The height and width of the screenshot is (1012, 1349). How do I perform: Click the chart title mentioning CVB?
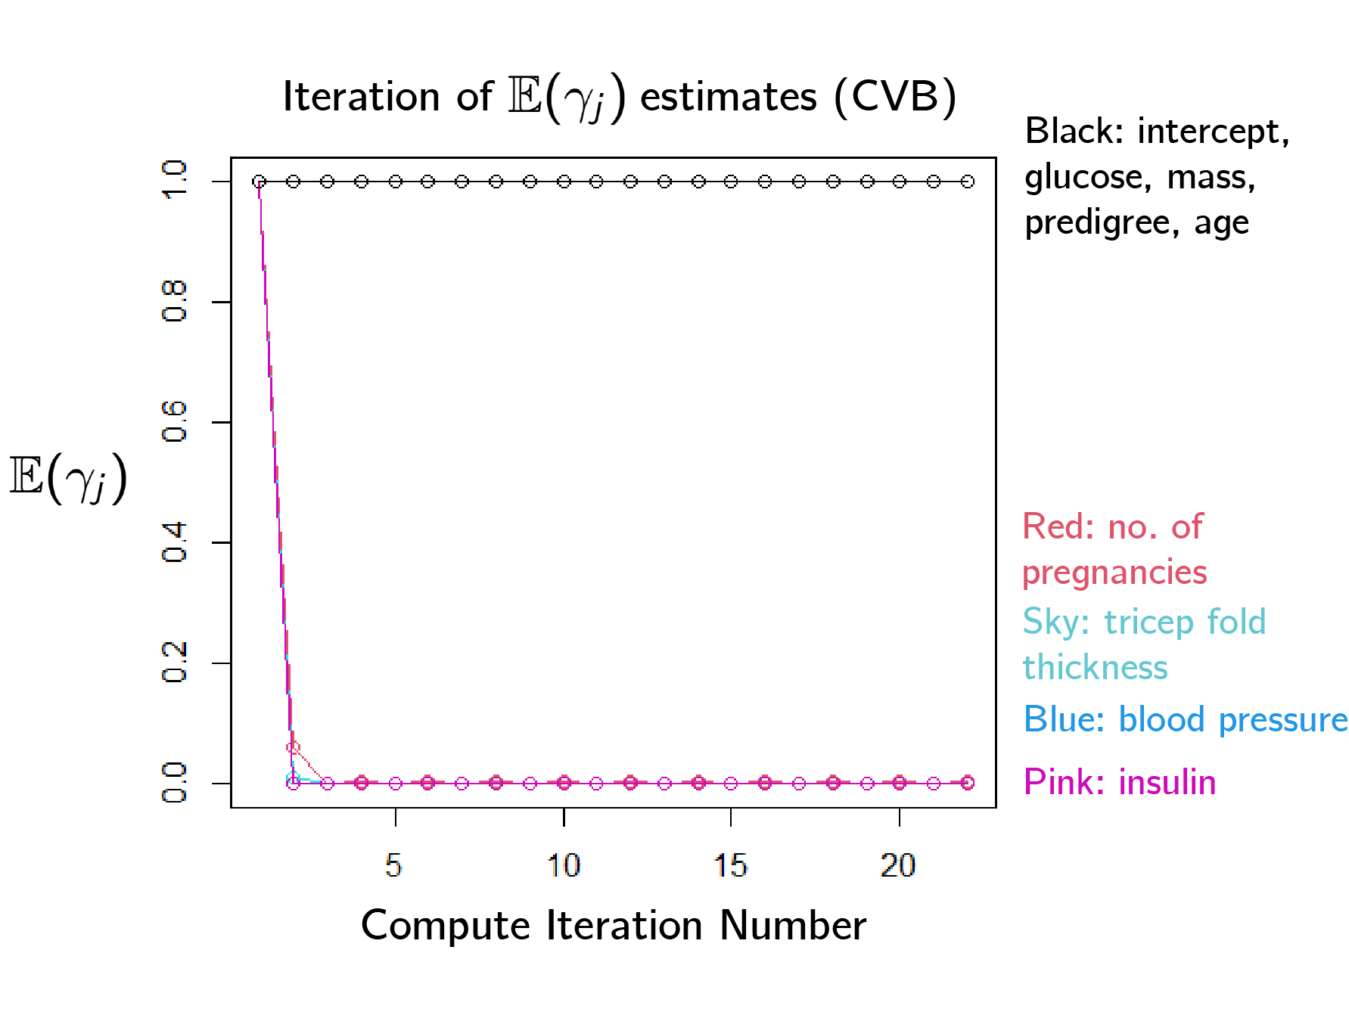619,97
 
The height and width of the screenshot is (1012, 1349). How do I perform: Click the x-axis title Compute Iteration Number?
613,925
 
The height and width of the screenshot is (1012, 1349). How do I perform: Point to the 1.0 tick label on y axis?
174,180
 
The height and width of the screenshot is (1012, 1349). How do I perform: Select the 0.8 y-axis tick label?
174,301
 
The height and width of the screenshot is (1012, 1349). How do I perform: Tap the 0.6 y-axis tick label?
174,421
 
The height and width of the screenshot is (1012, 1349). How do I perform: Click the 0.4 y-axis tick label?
174,542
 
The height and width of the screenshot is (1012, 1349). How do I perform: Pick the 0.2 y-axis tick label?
174,662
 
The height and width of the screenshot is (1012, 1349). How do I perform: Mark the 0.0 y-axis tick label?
174,782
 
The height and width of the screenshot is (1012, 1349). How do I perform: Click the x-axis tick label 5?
393,865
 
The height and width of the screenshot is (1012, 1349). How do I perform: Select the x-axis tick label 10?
563,865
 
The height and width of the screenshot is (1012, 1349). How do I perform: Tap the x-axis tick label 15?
730,865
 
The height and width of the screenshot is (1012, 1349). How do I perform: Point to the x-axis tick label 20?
898,865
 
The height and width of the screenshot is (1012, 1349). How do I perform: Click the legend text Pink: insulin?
1119,782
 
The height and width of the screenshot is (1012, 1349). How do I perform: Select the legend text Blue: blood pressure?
1185,719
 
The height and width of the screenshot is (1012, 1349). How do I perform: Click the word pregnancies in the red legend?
1114,573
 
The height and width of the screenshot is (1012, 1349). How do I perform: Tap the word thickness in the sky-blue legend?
1095,668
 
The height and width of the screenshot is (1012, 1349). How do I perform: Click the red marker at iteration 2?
294,747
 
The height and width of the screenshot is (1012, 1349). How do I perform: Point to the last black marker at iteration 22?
967,182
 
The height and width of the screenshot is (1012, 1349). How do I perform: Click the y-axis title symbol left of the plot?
68,478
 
